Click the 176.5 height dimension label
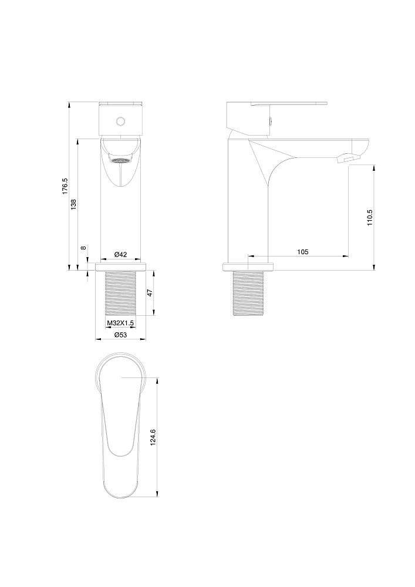[x=65, y=185]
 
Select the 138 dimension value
[x=74, y=204]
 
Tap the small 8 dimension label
[x=83, y=248]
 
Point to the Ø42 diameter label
[x=120, y=254]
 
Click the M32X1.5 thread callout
[x=120, y=323]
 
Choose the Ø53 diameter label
[x=120, y=335]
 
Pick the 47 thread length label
[x=150, y=293]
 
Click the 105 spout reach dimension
[x=303, y=252]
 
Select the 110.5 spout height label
[x=370, y=218]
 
